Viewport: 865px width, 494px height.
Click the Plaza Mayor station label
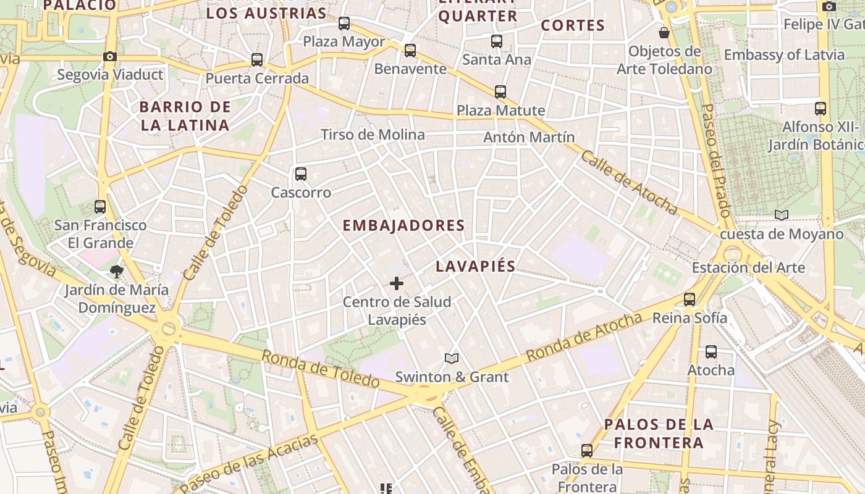[x=344, y=42]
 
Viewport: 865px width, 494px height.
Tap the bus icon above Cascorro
[x=301, y=174]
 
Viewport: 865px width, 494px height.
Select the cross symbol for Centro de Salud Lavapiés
[x=397, y=283]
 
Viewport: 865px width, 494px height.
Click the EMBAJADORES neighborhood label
[x=403, y=225]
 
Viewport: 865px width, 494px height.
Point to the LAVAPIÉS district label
[x=475, y=266]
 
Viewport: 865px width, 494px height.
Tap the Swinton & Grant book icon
[x=452, y=358]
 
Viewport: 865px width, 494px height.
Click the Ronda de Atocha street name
[x=584, y=338]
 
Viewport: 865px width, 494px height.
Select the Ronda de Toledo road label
[x=320, y=369]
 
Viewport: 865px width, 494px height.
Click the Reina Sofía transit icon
[x=690, y=299]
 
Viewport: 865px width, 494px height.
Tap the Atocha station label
[x=711, y=370]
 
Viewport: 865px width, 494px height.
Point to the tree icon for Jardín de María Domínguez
[x=116, y=271]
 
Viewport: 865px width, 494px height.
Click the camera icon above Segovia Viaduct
[x=110, y=57]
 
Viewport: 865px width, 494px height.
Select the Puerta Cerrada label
[x=257, y=78]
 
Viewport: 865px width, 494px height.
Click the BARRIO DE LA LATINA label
[x=185, y=116]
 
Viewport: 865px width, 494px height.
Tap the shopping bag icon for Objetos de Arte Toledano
[x=664, y=33]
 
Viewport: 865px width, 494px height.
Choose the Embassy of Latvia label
[x=783, y=54]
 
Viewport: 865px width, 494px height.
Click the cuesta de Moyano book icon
[x=782, y=215]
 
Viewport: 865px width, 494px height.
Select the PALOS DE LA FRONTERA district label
[x=659, y=433]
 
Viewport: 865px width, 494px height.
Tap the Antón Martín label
[x=529, y=137]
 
